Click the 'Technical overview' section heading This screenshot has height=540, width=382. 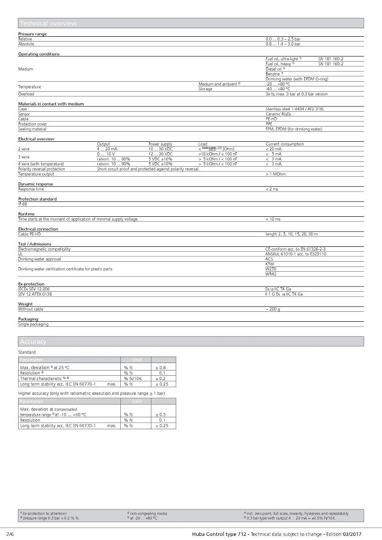click(x=47, y=23)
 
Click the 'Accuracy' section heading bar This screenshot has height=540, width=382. click(x=33, y=341)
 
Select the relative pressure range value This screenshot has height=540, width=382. click(x=283, y=39)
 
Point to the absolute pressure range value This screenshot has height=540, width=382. click(x=283, y=43)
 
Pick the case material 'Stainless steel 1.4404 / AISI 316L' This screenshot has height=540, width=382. click(x=295, y=109)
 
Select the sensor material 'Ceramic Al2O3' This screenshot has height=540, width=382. click(x=280, y=114)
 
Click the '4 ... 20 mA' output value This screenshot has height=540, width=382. click(x=107, y=149)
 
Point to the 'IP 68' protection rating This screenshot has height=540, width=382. click(x=23, y=204)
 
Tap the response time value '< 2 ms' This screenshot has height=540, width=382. click(x=272, y=189)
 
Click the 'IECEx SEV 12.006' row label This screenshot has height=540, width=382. click(x=34, y=289)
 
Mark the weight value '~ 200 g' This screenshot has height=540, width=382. click(x=273, y=309)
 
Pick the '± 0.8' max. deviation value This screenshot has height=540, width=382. click(x=162, y=367)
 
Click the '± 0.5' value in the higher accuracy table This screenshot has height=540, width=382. click(x=162, y=414)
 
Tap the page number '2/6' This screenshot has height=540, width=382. click(x=10, y=533)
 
